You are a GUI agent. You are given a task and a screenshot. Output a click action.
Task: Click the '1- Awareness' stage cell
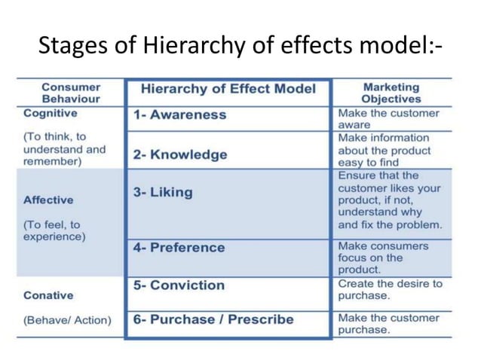[x=179, y=115]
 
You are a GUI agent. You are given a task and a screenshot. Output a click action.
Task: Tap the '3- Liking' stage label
[x=163, y=192]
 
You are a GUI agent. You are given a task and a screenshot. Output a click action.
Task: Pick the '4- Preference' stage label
[x=179, y=248]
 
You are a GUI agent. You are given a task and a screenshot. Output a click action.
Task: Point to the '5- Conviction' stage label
[x=179, y=285]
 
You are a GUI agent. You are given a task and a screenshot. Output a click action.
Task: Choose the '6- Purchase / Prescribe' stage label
[x=213, y=319]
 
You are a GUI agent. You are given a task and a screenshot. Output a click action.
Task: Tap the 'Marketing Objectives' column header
[x=391, y=93]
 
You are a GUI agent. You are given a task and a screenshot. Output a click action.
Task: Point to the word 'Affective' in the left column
[x=48, y=200]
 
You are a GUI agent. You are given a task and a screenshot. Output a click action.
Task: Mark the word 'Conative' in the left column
[x=48, y=295]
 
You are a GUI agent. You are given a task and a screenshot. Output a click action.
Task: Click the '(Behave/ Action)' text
[x=67, y=320]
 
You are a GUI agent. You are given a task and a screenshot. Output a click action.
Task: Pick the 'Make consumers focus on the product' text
[x=383, y=258]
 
